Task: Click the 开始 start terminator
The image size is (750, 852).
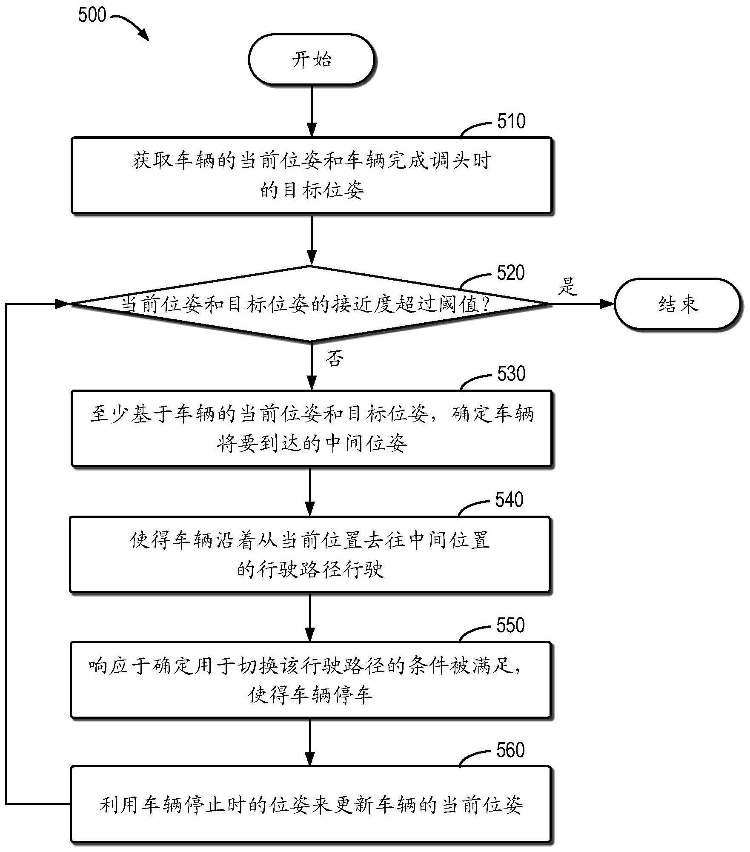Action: point(312,60)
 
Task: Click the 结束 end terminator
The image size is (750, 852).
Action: point(678,304)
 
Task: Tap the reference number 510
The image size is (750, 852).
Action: point(511,122)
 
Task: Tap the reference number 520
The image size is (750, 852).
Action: point(510,273)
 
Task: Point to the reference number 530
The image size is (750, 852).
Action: point(511,374)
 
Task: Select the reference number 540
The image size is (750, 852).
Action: point(510,500)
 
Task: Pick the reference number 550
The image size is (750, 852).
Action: point(510,625)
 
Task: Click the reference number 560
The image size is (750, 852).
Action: point(510,750)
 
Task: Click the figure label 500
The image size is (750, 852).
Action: point(92,15)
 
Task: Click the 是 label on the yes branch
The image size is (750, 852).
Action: point(568,287)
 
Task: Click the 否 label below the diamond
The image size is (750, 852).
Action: point(335,359)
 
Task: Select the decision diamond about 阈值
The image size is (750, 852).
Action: point(312,304)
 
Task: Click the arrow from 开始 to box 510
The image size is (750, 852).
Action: point(312,111)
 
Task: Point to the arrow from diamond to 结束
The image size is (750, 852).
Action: point(583,304)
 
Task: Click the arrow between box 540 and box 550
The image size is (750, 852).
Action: point(310,617)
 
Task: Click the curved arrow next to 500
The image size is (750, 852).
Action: point(132,26)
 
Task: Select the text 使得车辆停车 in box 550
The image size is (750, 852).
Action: point(310,695)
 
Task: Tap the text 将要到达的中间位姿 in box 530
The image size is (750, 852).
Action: point(312,443)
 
